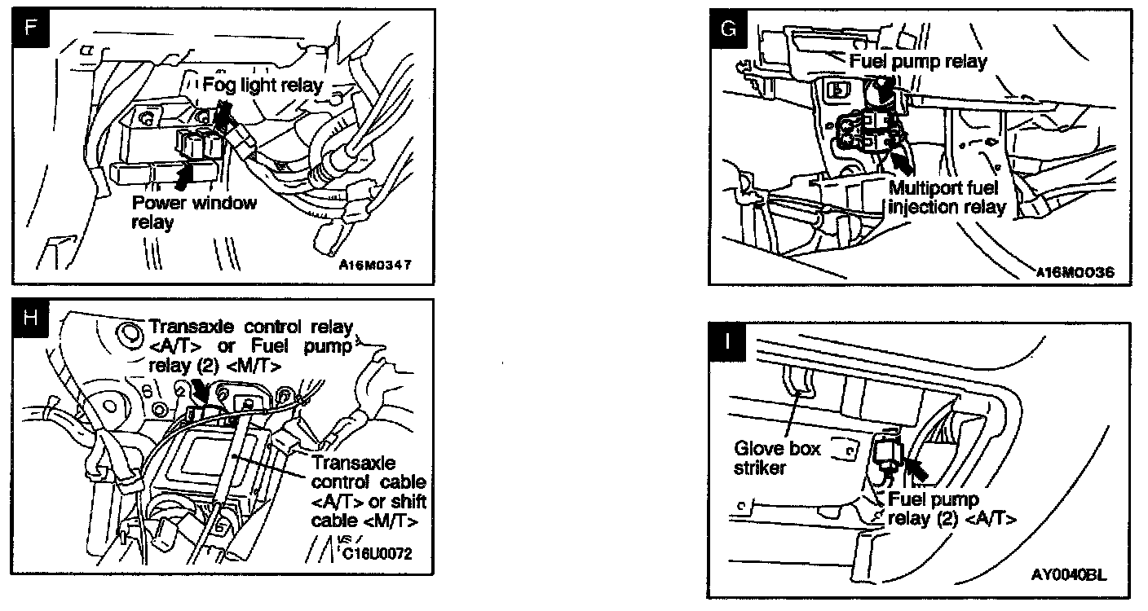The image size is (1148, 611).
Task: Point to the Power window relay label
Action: (194, 212)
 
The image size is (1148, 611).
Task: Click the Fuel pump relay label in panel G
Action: (918, 60)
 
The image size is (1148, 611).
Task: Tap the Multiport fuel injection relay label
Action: (947, 197)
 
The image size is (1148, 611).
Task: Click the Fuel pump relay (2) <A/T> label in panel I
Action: (952, 508)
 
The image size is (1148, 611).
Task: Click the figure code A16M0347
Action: (375, 265)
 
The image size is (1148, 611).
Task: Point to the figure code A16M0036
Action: (1075, 271)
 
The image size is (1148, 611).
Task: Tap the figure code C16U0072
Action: (377, 554)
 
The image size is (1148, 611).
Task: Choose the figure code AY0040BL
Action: (1069, 574)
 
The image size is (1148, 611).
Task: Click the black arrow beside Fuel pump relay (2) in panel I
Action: (916, 468)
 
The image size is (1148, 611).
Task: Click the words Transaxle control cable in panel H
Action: (364, 472)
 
